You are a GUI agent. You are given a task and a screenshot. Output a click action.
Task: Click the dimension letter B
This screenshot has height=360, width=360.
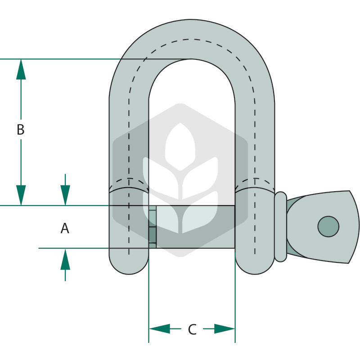click(21, 129)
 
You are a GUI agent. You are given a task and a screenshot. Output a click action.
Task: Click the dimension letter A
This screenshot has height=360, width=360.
click(65, 229)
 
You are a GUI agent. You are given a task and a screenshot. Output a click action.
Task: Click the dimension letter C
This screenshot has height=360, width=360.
click(192, 329)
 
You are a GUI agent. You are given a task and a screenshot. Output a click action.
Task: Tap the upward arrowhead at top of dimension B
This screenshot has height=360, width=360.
click(21, 69)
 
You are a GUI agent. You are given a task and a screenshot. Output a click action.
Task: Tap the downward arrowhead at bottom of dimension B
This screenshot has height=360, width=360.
click(21, 195)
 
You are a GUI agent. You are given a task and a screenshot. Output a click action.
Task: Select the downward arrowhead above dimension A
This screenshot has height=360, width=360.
click(65, 195)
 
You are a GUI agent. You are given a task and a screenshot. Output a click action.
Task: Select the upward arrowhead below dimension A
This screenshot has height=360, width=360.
click(65, 259)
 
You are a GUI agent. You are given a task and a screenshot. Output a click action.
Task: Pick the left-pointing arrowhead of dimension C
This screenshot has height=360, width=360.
click(159, 329)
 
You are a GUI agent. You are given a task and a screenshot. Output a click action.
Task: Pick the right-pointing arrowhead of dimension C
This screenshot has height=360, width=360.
click(225, 329)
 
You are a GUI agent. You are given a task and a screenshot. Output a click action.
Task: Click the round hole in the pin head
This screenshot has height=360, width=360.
click(328, 226)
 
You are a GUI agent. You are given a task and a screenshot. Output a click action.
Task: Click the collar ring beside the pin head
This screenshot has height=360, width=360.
click(280, 227)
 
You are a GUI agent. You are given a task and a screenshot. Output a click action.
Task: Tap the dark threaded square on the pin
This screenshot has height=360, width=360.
click(153, 235)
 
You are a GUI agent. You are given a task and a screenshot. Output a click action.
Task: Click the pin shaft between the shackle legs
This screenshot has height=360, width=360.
click(195, 227)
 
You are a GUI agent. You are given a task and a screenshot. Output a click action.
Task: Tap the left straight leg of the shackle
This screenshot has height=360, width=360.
click(129, 142)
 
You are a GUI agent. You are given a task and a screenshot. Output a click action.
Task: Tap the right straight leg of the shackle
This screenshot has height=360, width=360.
click(255, 142)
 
